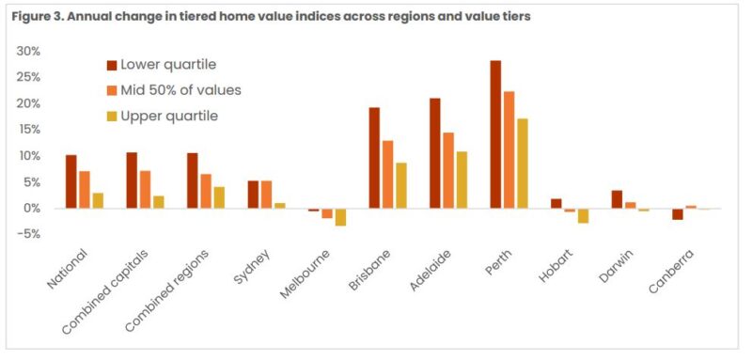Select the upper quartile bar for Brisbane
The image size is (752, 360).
401,185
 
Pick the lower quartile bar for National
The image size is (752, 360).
70,181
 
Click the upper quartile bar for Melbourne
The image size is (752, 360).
340,217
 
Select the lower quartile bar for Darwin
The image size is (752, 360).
617,199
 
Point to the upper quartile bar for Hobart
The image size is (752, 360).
584,215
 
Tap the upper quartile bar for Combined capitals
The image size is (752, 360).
158,202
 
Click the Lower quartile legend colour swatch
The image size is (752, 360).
112,65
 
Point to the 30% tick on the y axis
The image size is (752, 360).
28,51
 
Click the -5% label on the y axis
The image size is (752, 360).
28,234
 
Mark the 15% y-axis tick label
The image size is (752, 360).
28,130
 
